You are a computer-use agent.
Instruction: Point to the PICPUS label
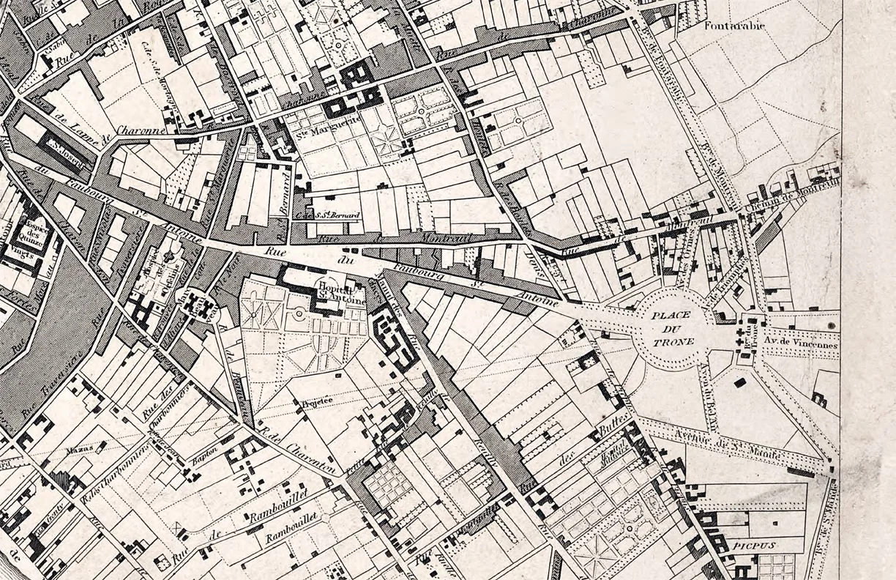coord(745,546)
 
